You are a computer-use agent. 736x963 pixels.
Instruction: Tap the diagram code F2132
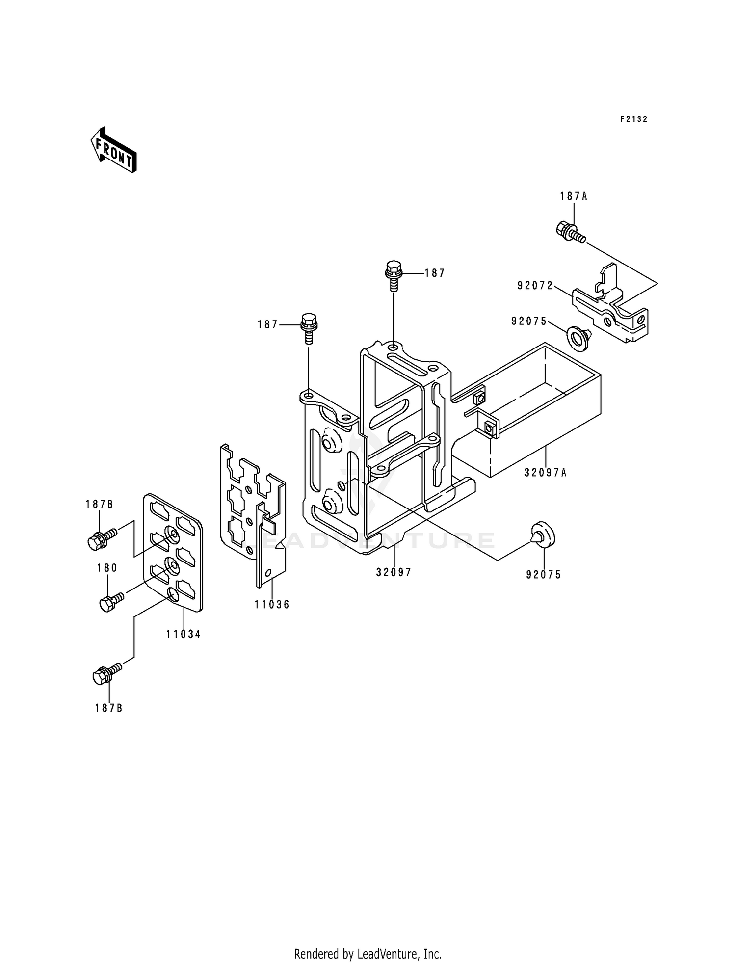tap(633, 119)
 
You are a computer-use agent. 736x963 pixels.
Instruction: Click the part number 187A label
tap(574, 196)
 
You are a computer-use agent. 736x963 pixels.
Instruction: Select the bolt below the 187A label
tap(569, 231)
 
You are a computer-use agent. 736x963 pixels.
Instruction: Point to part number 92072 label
tap(535, 285)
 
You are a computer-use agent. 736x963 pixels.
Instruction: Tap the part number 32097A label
tap(545, 473)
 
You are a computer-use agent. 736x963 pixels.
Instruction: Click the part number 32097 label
tap(394, 572)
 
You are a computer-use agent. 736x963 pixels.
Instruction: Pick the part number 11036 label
tap(272, 605)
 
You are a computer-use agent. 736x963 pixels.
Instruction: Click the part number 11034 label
tap(183, 634)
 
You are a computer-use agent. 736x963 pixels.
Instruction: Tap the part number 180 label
tap(107, 568)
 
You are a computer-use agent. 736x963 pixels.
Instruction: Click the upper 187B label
tap(99, 504)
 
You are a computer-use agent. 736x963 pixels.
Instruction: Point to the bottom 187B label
tap(109, 708)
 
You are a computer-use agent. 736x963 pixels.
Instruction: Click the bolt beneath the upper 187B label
tap(100, 539)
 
